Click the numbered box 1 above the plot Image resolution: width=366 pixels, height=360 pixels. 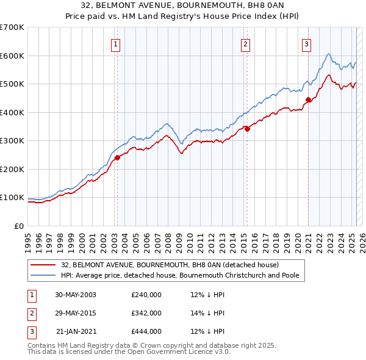pyautogui.click(x=115, y=44)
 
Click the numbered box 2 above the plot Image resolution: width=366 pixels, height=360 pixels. pyautogui.click(x=245, y=44)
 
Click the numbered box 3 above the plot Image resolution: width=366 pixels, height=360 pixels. pyautogui.click(x=306, y=44)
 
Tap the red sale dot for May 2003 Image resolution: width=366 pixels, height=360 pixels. pyautogui.click(x=117, y=158)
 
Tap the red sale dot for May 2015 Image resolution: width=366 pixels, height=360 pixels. pyautogui.click(x=247, y=129)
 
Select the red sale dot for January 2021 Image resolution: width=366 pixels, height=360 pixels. pyautogui.click(x=308, y=100)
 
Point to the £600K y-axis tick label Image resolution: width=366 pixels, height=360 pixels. pyautogui.click(x=12, y=56)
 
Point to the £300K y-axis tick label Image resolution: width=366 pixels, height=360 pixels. pyautogui.click(x=12, y=141)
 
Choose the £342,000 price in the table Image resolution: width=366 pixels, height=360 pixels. pyautogui.click(x=146, y=313)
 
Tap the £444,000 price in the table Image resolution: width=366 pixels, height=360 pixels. pyautogui.click(x=146, y=331)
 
